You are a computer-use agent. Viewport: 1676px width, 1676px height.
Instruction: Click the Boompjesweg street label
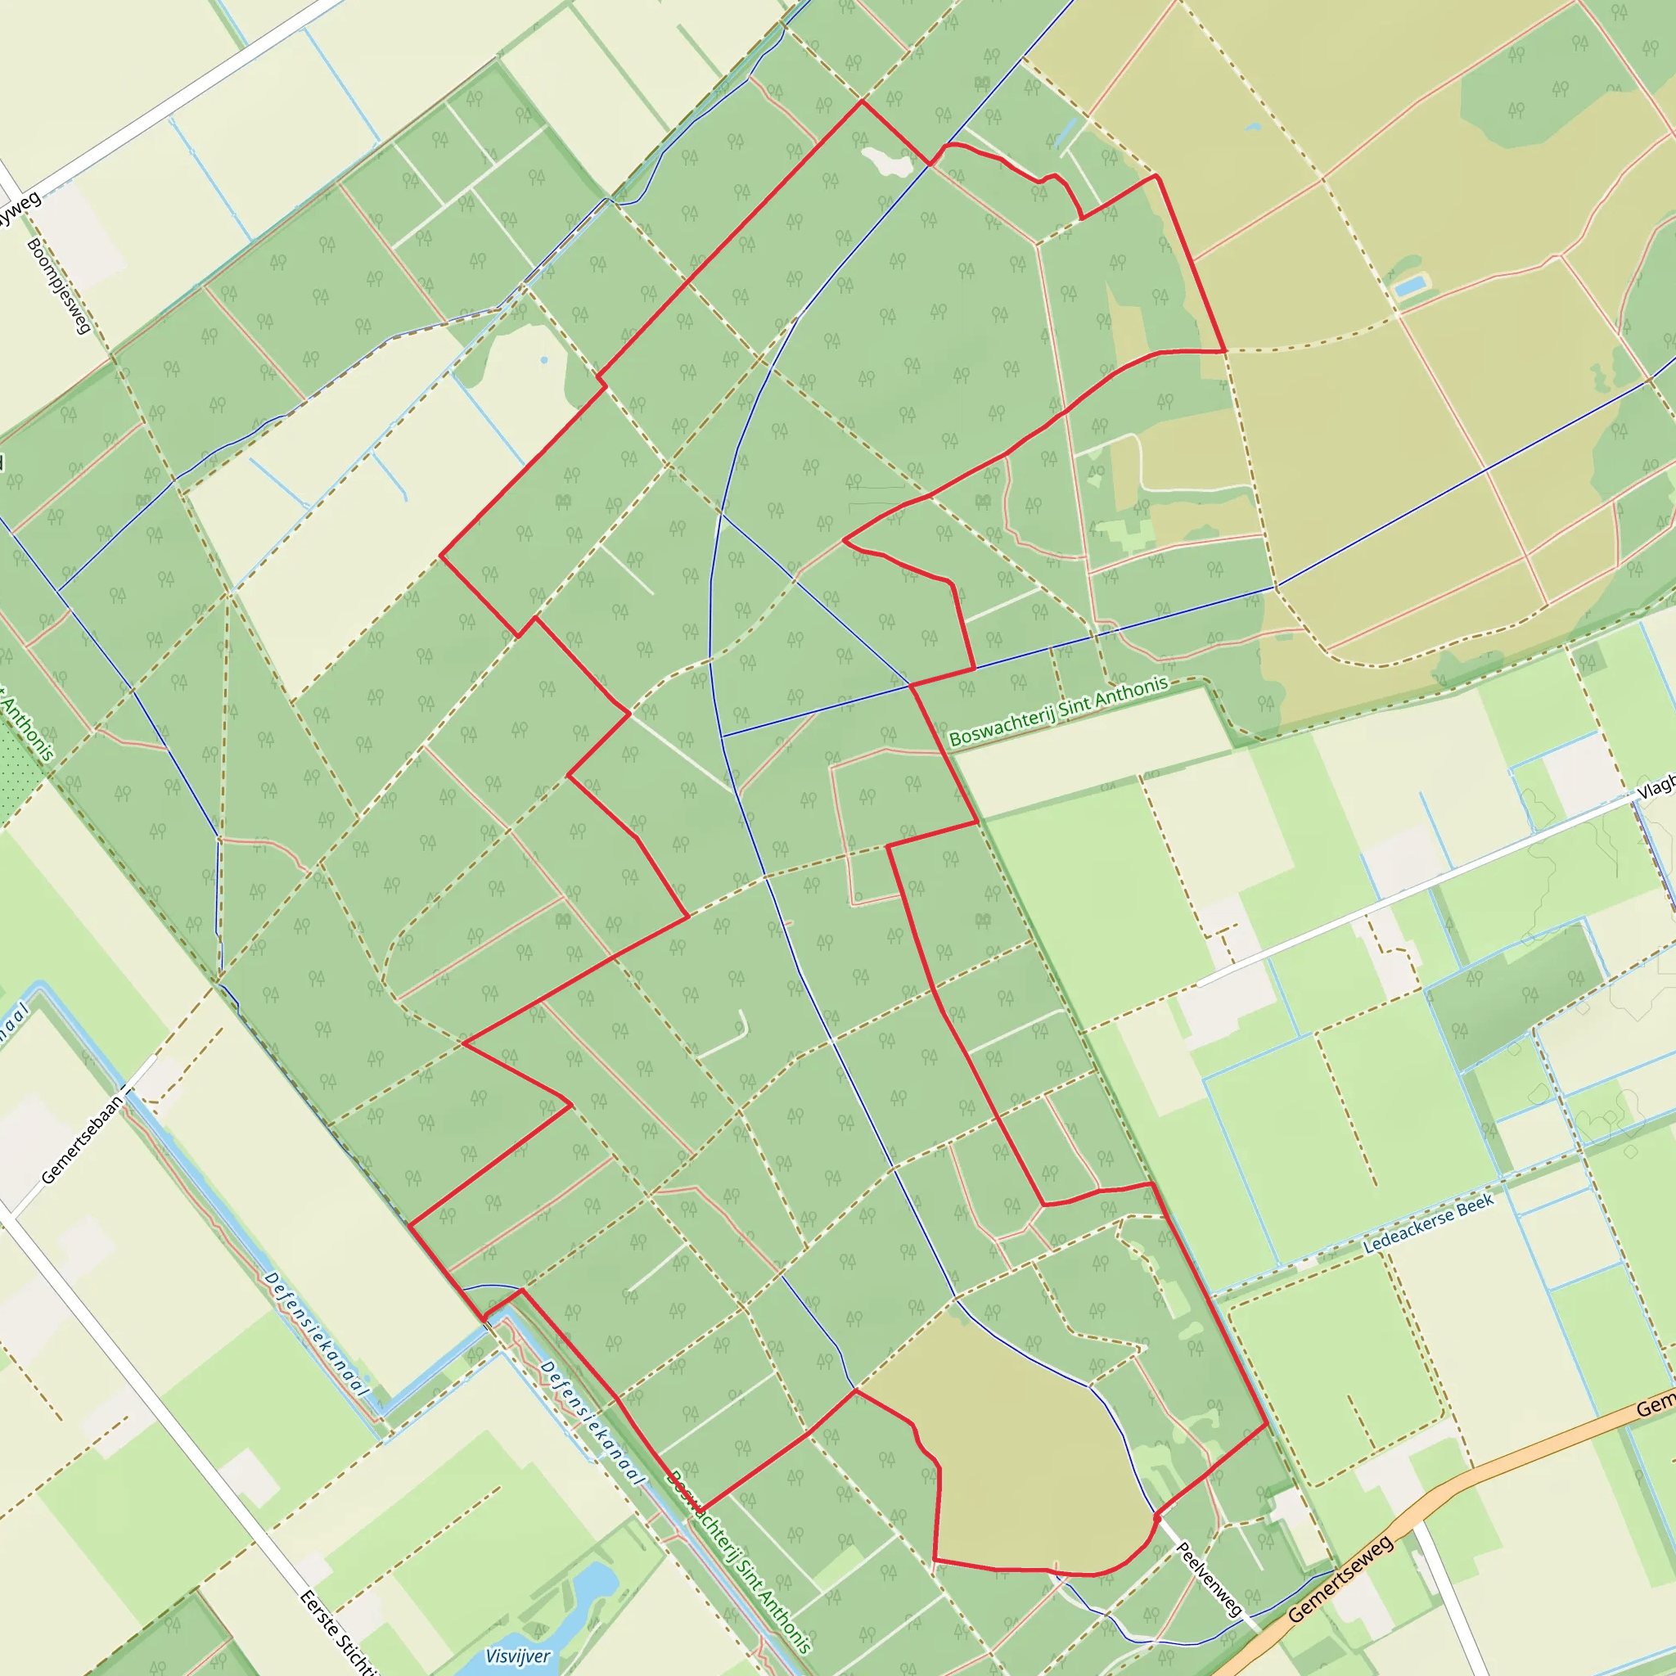pyautogui.click(x=59, y=286)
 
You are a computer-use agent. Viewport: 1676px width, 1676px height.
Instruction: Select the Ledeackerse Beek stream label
pyautogui.click(x=1428, y=1223)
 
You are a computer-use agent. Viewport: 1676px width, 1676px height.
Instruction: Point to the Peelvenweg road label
pyautogui.click(x=1210, y=1578)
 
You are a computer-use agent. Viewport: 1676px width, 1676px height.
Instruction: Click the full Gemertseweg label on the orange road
pyautogui.click(x=1340, y=1578)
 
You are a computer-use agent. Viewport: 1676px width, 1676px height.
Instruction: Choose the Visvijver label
pyautogui.click(x=517, y=1656)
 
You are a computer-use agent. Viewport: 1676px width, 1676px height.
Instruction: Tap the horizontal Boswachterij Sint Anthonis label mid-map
pyautogui.click(x=1058, y=711)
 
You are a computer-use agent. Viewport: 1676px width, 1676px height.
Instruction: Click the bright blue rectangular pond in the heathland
pyautogui.click(x=1412, y=285)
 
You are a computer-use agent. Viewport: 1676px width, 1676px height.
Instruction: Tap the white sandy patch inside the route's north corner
pyautogui.click(x=888, y=160)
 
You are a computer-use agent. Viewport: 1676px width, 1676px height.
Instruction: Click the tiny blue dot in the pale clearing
pyautogui.click(x=544, y=360)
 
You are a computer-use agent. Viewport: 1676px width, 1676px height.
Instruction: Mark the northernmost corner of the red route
pyautogui.click(x=862, y=101)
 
